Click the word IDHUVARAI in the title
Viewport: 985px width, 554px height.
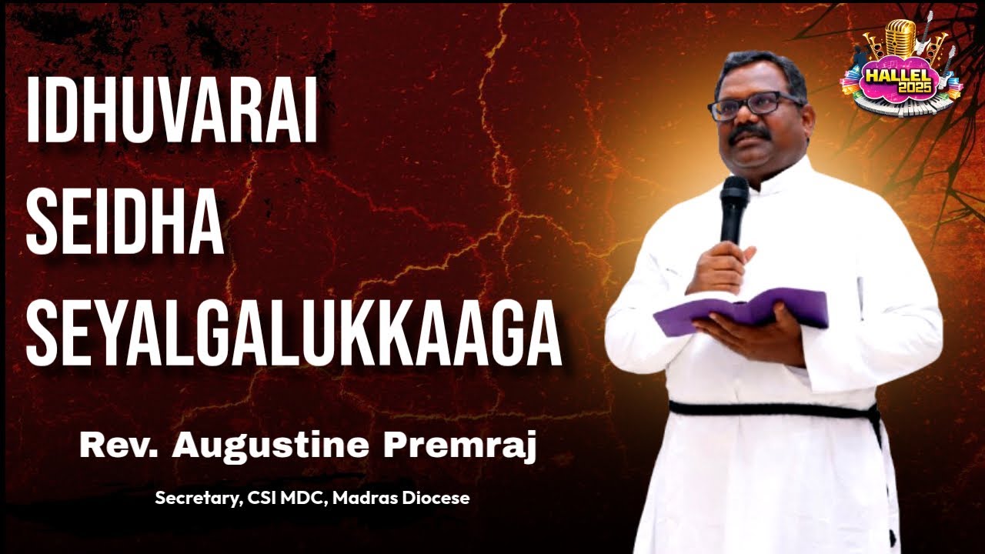(x=172, y=109)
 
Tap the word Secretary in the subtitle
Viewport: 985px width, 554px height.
(x=197, y=499)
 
